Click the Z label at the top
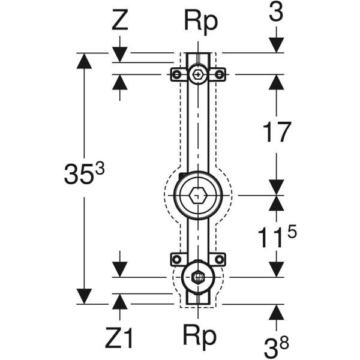tap(120, 22)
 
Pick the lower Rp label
tap(199, 337)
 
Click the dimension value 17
tap(276, 133)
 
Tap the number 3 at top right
tap(275, 14)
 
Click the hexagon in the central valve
tap(197, 196)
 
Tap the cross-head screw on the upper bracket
tap(197, 74)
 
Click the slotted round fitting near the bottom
tap(197, 277)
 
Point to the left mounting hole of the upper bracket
tap(176, 74)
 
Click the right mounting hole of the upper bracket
tap(220, 74)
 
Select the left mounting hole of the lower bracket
tap(176, 259)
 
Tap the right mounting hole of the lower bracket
tap(220, 259)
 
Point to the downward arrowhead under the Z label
tap(120, 54)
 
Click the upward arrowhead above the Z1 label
tap(120, 302)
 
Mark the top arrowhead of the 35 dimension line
tap(84, 61)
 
